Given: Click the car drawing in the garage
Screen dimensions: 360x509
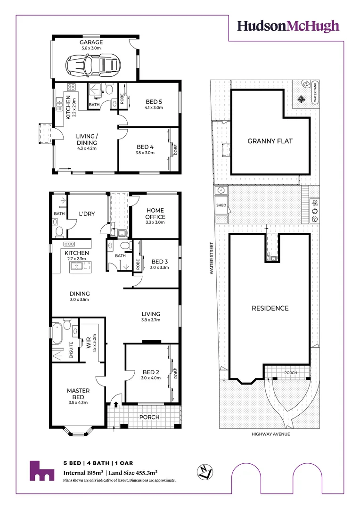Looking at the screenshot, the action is click(x=93, y=65).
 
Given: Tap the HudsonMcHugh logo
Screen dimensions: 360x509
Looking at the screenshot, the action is click(x=288, y=26).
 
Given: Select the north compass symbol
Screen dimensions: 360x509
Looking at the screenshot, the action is click(x=205, y=471).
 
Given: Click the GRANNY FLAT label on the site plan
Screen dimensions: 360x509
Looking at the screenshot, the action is click(x=270, y=141).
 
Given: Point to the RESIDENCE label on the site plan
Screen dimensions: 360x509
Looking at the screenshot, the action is click(x=270, y=308).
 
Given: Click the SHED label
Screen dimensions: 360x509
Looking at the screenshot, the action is click(x=221, y=205).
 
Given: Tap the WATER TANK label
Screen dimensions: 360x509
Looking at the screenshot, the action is click(x=315, y=92).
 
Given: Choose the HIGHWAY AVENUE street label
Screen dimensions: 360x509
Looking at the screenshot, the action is click(x=271, y=434).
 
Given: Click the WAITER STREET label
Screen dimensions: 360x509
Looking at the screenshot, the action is click(x=212, y=258).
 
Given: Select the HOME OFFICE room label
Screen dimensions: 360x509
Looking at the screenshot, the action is click(x=155, y=213).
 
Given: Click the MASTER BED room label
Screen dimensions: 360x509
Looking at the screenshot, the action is click(x=78, y=394).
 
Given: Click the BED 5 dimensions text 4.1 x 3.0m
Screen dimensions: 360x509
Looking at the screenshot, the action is click(x=154, y=108).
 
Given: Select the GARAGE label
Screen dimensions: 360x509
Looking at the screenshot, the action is click(x=91, y=42).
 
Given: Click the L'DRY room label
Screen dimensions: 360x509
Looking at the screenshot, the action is click(x=87, y=213).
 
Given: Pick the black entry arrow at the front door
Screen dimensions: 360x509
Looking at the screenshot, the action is click(x=116, y=403).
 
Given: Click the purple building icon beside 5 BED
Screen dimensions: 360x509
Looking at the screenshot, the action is click(x=42, y=471).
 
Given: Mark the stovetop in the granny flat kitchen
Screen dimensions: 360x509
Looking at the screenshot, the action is click(x=72, y=87).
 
